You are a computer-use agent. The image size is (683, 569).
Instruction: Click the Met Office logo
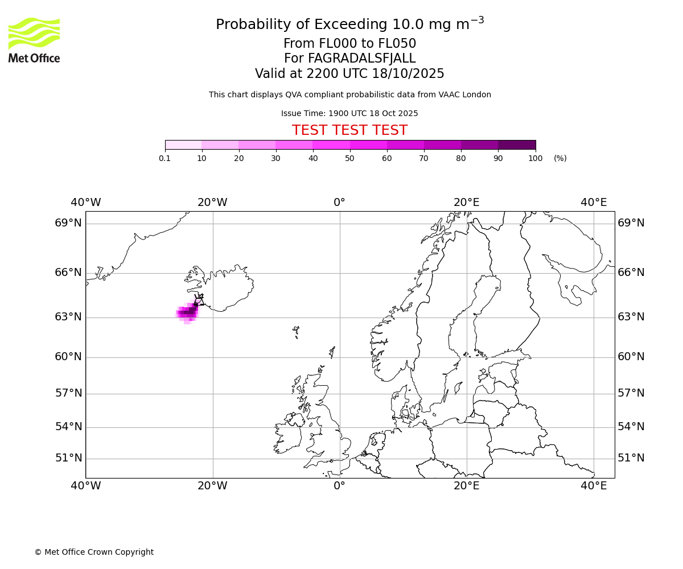(34, 40)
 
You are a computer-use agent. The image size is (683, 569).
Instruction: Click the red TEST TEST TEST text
(349, 131)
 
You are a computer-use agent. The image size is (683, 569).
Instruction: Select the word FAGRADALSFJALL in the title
(361, 59)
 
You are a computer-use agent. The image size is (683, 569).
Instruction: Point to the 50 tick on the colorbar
(350, 150)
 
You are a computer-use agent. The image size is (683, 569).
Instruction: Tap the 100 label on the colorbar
(535, 159)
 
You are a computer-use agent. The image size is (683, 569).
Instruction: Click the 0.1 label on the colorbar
(164, 159)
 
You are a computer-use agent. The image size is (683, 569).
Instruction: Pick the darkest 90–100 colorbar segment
(517, 145)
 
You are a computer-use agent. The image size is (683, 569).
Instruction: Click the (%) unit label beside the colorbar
(560, 159)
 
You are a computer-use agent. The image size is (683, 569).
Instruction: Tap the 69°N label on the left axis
(68, 223)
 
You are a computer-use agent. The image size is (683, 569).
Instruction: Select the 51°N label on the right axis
(631, 458)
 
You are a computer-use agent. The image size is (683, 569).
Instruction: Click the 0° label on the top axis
(339, 203)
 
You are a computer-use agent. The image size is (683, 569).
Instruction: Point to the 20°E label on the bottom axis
(466, 486)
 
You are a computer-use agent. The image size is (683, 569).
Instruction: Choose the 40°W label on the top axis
(85, 203)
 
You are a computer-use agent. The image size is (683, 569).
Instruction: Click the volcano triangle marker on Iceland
(199, 300)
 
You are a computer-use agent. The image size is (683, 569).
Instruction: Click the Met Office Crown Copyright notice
(94, 552)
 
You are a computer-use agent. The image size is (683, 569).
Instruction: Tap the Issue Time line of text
(349, 114)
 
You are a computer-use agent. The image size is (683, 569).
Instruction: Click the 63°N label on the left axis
(68, 317)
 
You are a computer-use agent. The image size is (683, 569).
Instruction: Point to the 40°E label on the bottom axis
(593, 486)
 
